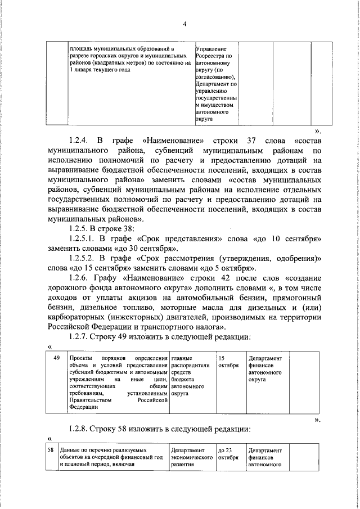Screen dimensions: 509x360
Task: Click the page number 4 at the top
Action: (184, 24)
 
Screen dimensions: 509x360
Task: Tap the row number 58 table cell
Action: (51, 451)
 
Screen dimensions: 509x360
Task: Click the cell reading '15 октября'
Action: (226, 362)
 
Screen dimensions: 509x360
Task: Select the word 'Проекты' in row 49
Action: (79, 358)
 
